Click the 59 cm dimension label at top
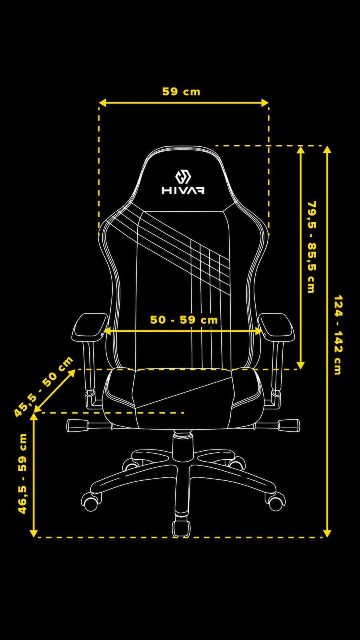[181, 92]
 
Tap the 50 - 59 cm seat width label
[184, 320]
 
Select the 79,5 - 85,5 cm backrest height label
[312, 247]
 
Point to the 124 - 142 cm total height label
[338, 335]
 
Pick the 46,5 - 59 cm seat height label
[22, 474]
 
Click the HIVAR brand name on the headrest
[183, 190]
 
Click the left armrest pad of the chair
[89, 326]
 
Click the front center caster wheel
[181, 528]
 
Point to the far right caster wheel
[276, 502]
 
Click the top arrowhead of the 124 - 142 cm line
[327, 150]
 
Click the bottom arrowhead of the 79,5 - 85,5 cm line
[301, 365]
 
